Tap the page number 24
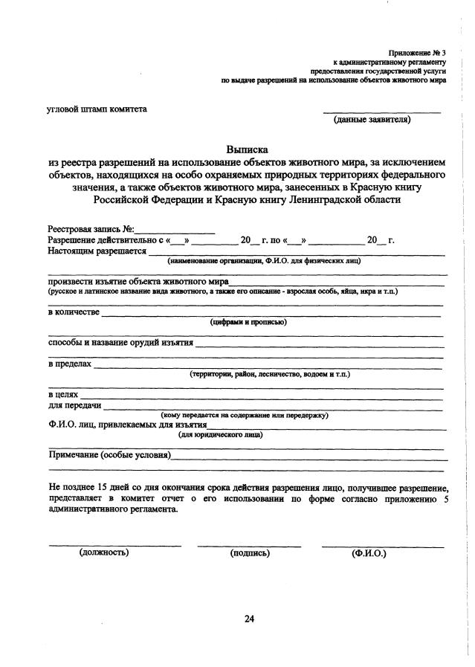tap(249, 619)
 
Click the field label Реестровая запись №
tap(91, 230)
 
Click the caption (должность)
tap(104, 552)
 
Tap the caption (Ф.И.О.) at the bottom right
tap(369, 553)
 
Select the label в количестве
tap(74, 311)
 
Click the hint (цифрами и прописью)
tap(248, 322)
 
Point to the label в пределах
tap(70, 364)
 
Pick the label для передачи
tap(75, 405)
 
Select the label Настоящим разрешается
tap(97, 251)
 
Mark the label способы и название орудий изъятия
tap(120, 343)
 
